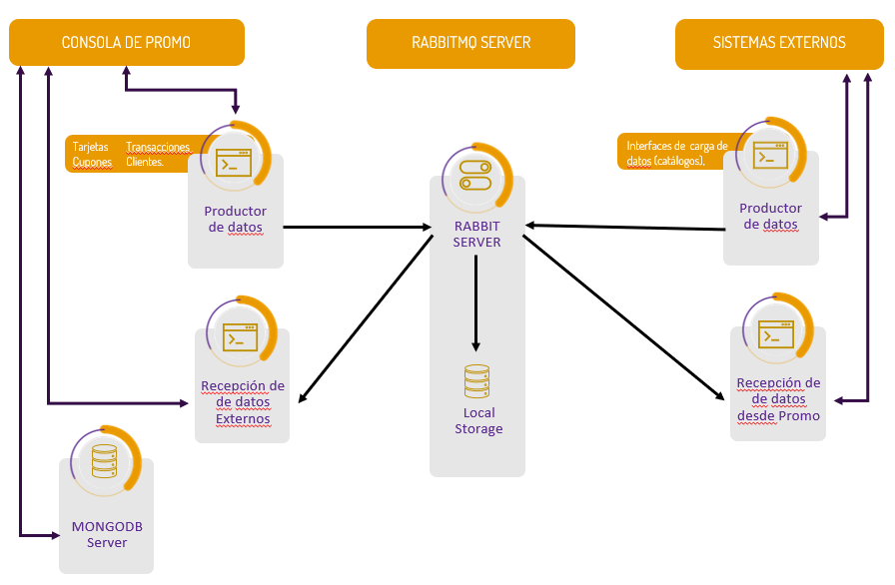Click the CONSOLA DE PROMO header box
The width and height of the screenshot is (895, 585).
(126, 43)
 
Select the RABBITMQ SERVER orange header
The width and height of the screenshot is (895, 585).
(470, 43)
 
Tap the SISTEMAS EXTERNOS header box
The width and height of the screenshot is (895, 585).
(779, 43)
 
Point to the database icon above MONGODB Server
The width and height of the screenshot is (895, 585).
(104, 460)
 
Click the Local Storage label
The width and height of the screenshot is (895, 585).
(478, 420)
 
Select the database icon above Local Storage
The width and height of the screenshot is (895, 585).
(477, 382)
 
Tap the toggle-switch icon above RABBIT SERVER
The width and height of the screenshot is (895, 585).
(475, 176)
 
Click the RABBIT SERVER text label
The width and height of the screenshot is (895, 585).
(477, 234)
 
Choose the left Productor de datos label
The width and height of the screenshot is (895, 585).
(235, 219)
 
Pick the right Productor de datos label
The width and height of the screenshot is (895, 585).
(770, 216)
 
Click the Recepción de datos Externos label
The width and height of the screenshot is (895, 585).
(243, 402)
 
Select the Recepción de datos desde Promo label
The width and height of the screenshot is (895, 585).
(778, 399)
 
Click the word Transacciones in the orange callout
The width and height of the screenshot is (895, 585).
(157, 147)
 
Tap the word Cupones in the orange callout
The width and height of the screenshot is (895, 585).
(92, 161)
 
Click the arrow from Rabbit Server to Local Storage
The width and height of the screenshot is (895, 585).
(476, 299)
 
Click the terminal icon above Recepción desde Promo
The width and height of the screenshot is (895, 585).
(775, 333)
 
